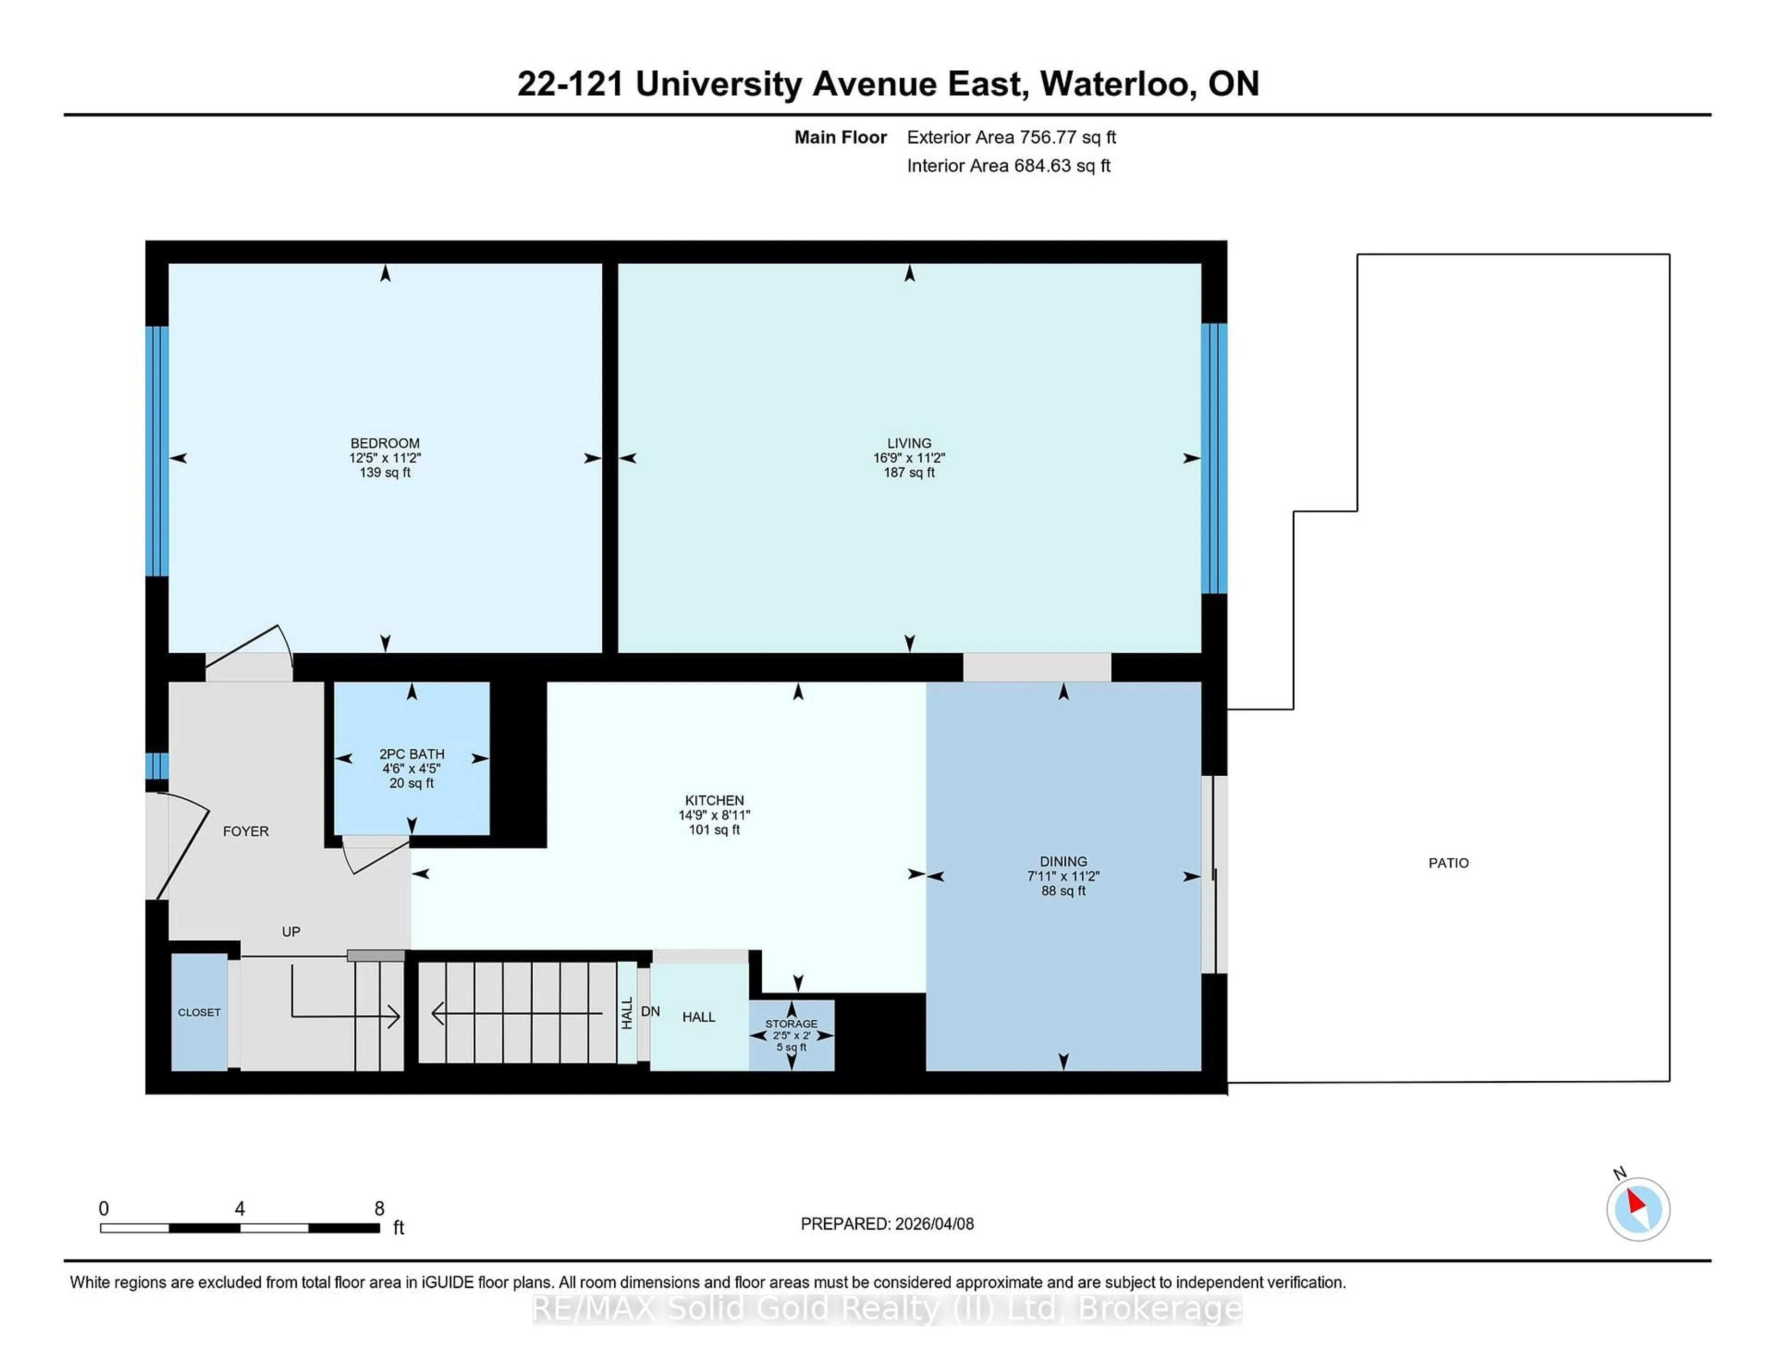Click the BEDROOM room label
tap(385, 443)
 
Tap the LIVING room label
tap(909, 443)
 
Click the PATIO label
tap(1448, 863)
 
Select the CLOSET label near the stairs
tap(199, 1012)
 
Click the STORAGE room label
tap(791, 1023)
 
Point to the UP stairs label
tap(291, 931)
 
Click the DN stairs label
tap(650, 1011)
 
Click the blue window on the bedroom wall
tap(157, 451)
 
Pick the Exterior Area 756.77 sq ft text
tap(1011, 137)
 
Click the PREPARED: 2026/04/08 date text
tap(887, 1223)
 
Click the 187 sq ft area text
tap(909, 472)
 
